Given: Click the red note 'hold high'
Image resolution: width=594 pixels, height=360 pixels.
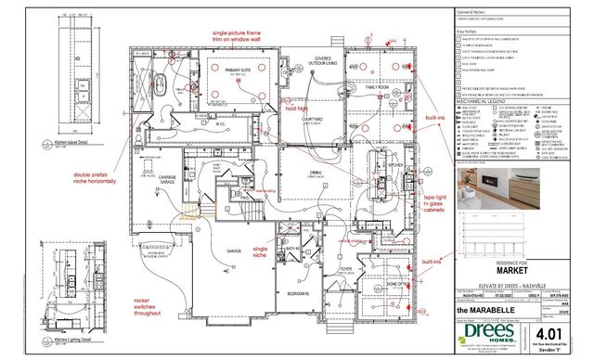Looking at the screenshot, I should coord(296,109).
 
